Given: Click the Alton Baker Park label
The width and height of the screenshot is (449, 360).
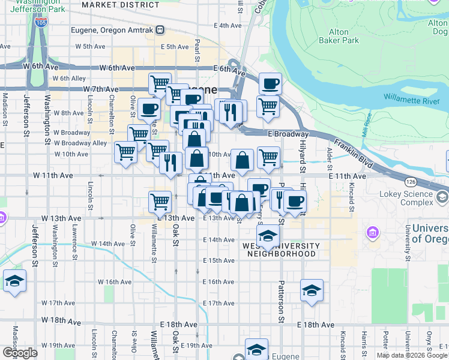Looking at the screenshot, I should (344, 36).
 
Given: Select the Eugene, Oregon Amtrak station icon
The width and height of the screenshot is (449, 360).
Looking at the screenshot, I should (160, 29).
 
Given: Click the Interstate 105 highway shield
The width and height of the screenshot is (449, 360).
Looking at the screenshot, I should (41, 23).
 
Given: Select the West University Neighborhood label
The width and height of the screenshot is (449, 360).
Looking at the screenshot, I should (280, 250).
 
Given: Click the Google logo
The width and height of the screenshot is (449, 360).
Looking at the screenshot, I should (20, 352).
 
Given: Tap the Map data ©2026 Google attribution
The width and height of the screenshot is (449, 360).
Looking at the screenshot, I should (412, 355).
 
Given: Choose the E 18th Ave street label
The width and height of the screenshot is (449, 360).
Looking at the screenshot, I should (316, 325).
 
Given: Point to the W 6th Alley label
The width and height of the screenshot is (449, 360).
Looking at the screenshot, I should (69, 78).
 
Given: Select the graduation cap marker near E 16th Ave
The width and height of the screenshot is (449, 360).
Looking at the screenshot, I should (312, 290).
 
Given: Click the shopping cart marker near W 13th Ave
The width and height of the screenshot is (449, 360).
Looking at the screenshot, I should (160, 202).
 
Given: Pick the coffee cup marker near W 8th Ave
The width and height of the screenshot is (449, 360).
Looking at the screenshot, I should (148, 109).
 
